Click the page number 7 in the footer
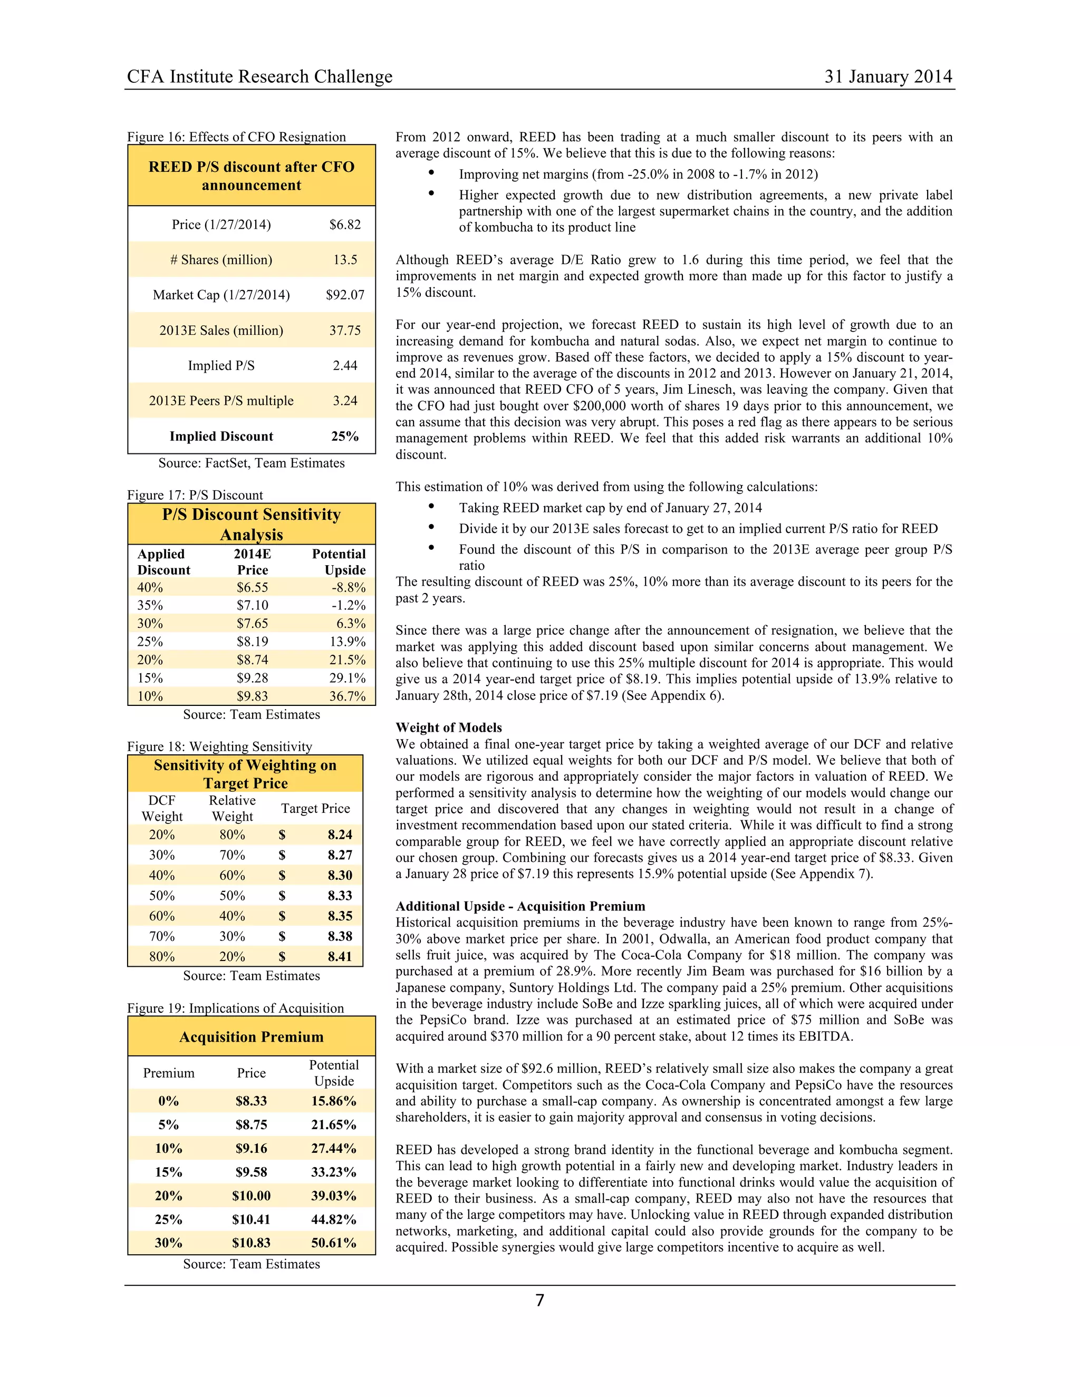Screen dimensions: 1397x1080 [x=539, y=1300]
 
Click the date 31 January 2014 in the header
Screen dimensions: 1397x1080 [x=888, y=77]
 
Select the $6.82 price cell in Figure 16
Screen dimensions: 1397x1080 [x=345, y=225]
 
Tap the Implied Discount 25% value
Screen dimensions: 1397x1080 [x=345, y=436]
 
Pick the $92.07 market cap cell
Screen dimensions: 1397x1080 [x=345, y=295]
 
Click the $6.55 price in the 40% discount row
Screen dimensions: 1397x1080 [x=252, y=587]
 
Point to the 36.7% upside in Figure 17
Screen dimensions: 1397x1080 [x=348, y=696]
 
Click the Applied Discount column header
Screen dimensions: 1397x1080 [x=163, y=561]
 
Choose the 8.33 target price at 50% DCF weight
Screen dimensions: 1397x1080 [x=340, y=896]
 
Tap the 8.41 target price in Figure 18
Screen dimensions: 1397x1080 [x=340, y=956]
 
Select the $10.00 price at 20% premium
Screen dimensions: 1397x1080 [x=251, y=1196]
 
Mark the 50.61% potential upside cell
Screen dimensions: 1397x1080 [x=333, y=1243]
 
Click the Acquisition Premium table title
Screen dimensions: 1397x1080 [x=251, y=1037]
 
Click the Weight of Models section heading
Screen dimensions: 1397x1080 [x=449, y=727]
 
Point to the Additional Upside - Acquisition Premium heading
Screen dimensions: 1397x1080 [x=520, y=906]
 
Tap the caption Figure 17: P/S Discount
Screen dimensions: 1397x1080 [x=195, y=495]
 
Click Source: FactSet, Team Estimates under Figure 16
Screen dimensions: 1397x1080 [x=252, y=463]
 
